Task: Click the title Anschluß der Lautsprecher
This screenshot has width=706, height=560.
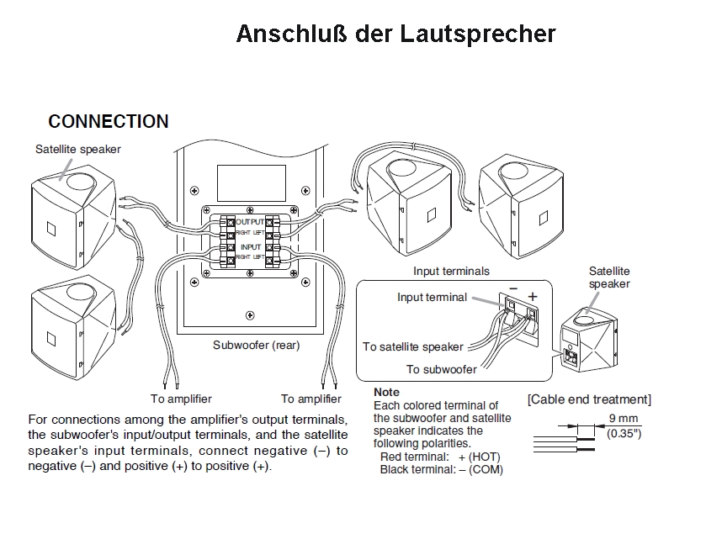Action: click(395, 34)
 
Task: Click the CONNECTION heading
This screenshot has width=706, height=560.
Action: click(109, 122)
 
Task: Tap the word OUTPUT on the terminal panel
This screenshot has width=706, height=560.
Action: click(249, 220)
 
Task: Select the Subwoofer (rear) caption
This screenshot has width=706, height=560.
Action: click(255, 345)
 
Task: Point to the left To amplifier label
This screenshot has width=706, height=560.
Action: click(181, 399)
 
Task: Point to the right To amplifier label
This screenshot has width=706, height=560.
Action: click(311, 399)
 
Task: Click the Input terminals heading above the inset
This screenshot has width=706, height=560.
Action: click(451, 272)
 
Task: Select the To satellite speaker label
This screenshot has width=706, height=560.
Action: click(413, 346)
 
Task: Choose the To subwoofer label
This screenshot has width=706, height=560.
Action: click(441, 369)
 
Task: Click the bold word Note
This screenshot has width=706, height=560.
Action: click(386, 393)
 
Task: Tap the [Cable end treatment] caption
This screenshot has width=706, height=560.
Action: click(589, 399)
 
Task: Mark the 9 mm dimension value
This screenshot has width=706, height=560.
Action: click(623, 419)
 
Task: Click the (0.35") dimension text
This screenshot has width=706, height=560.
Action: click(624, 434)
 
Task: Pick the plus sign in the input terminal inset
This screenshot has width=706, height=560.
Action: click(532, 297)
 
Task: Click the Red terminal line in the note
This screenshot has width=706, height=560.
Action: click(440, 457)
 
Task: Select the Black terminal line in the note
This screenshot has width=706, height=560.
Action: click(441, 469)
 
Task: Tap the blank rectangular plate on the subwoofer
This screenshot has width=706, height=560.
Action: click(248, 182)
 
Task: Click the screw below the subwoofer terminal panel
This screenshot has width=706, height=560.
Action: click(249, 315)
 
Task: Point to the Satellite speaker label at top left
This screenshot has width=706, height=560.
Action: click(78, 150)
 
